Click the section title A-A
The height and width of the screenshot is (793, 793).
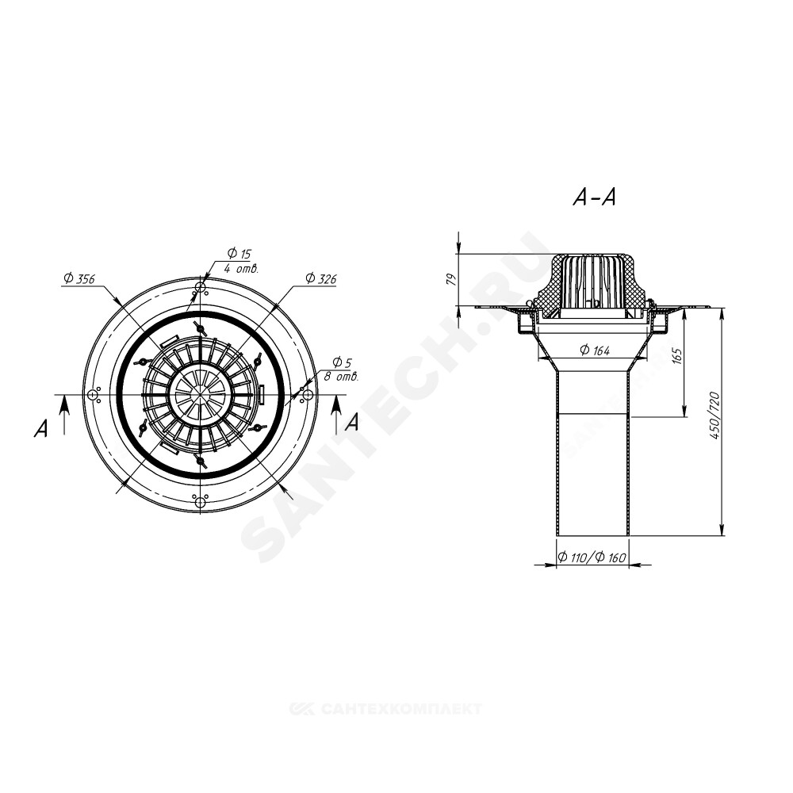pos(594,197)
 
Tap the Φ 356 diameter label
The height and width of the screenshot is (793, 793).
pos(79,278)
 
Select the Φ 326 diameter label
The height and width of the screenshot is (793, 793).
pos(320,278)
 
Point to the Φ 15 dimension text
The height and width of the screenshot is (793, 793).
pos(239,254)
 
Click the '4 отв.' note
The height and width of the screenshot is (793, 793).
pos(242,269)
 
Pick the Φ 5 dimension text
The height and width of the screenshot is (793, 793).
pos(342,362)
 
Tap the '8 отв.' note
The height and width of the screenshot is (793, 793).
pos(341,377)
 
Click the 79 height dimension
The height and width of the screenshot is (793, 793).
pos(453,280)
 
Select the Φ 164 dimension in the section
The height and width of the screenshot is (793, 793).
pos(595,350)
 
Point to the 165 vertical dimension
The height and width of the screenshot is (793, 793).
pos(678,356)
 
